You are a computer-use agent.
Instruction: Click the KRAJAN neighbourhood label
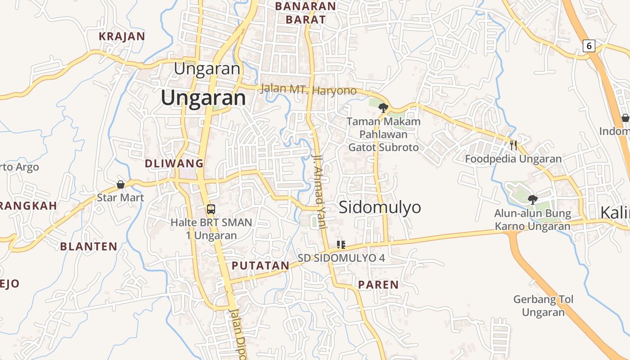[121, 36]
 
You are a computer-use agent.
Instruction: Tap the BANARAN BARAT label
[306, 13]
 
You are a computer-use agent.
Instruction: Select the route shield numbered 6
[589, 45]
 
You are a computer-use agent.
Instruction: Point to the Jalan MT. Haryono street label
[308, 90]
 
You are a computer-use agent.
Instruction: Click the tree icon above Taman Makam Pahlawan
[383, 108]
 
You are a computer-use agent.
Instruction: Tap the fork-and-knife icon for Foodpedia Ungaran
[513, 145]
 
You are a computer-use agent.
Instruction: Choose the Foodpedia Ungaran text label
[513, 159]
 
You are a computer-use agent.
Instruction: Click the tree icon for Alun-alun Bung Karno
[533, 199]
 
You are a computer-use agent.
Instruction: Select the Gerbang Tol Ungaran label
[543, 306]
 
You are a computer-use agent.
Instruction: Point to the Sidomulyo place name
[380, 207]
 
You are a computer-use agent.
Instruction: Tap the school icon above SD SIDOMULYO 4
[341, 245]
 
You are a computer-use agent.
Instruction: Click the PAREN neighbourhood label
[378, 284]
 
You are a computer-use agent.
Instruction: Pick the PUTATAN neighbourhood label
[260, 265]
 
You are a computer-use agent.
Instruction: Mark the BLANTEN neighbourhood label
[89, 246]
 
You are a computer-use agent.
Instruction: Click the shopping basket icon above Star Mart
[121, 184]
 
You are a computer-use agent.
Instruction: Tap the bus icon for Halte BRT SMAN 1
[211, 209]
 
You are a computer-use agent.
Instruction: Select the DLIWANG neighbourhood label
[174, 163]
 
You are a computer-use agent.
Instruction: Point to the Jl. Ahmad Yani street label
[319, 191]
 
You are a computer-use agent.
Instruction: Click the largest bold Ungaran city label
[203, 98]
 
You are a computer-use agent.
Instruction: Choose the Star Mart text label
[121, 198]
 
